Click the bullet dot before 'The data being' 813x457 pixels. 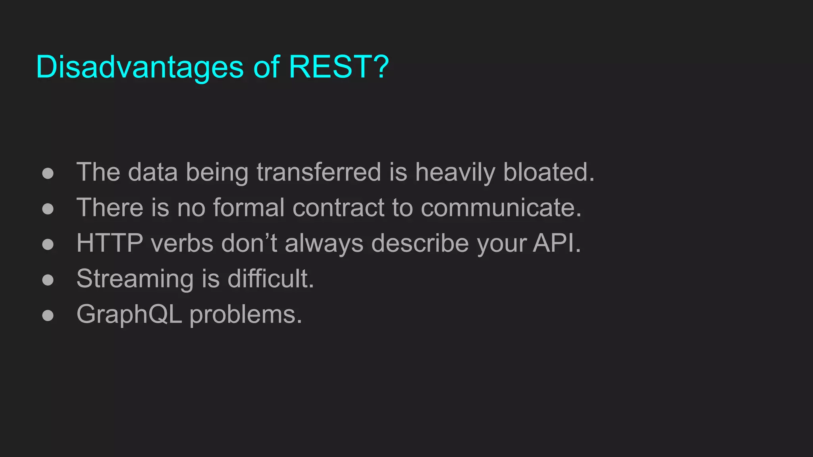[48, 173]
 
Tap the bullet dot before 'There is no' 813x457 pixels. [48, 209]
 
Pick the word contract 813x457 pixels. [338, 207]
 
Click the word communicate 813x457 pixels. [501, 207]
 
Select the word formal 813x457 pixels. [249, 207]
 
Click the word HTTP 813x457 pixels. [110, 243]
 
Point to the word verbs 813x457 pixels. [182, 243]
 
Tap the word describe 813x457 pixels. [420, 243]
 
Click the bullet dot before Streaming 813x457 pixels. [48, 280]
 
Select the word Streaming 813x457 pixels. [135, 279]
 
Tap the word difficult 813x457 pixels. [270, 278]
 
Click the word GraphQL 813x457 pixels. [129, 315]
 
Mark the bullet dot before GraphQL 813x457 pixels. [48, 315]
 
